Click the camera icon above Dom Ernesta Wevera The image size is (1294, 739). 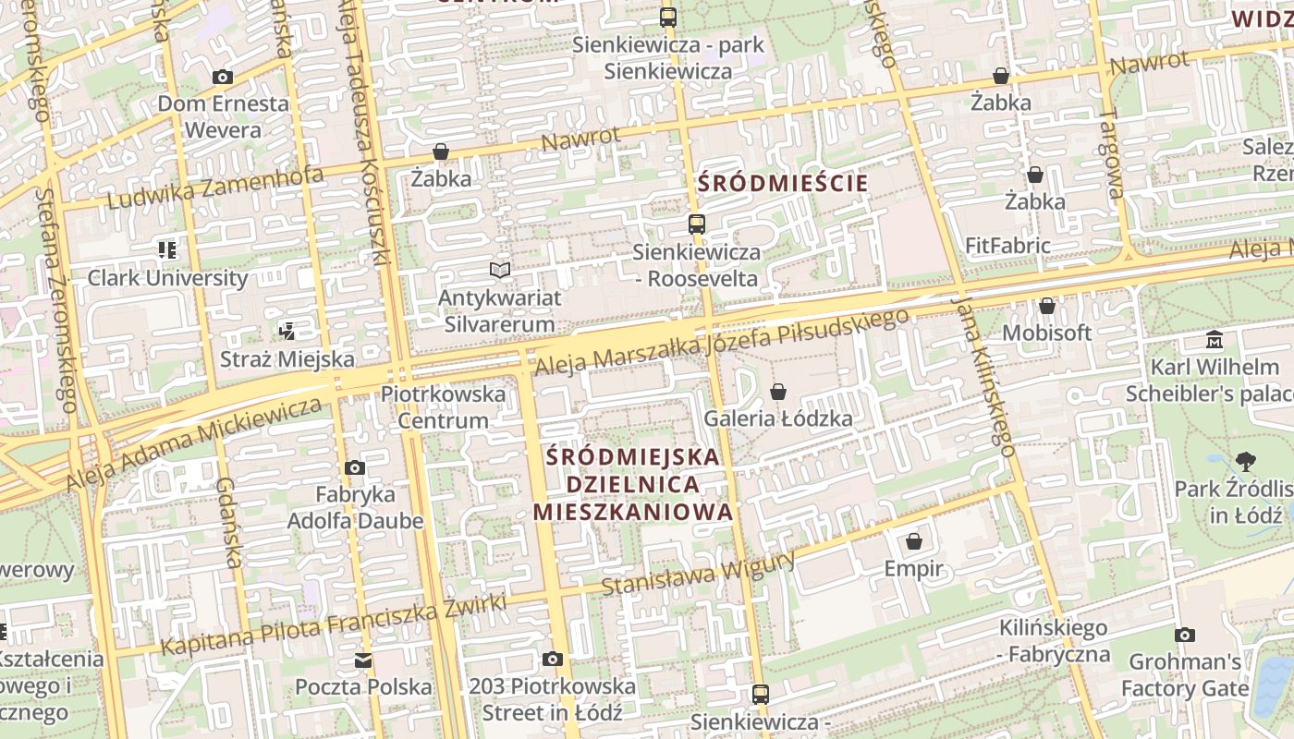click(x=222, y=78)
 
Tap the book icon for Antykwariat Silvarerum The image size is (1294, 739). click(x=500, y=270)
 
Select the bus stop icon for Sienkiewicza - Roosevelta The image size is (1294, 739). click(x=696, y=224)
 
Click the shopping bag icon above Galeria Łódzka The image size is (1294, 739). click(x=778, y=392)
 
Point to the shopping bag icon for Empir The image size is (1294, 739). click(x=914, y=541)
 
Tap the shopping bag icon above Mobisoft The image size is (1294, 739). click(x=1047, y=306)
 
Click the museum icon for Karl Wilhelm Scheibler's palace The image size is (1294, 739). click(x=1215, y=340)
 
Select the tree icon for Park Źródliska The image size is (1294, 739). click(x=1245, y=462)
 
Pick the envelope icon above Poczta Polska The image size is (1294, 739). click(x=363, y=660)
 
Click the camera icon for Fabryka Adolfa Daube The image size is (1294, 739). click(x=355, y=468)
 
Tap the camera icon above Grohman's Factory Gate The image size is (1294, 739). click(x=1185, y=635)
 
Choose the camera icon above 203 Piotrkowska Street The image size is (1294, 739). click(x=553, y=659)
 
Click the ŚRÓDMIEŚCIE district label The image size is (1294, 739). click(x=783, y=183)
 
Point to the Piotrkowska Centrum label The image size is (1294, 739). click(x=444, y=407)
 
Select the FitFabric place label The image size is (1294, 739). click(x=1007, y=246)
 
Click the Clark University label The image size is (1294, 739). click(x=167, y=278)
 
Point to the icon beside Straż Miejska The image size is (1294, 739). click(x=287, y=331)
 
